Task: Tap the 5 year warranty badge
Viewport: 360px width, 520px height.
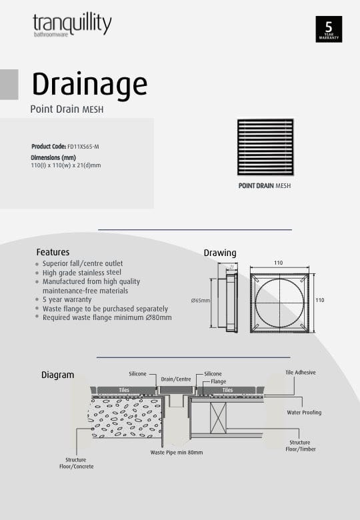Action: coord(329,29)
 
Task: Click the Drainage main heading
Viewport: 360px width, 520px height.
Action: coord(89,85)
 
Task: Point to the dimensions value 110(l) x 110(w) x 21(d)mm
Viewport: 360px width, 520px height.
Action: coord(65,165)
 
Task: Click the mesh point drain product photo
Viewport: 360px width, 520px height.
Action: coord(265,147)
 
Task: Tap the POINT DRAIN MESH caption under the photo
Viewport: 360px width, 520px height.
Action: coord(265,186)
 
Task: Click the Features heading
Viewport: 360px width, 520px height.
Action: coord(53,253)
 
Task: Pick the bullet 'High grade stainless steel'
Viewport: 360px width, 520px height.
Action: coord(81,273)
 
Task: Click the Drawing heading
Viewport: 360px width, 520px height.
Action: coord(219,253)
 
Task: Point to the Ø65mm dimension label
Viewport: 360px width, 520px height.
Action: coord(200,301)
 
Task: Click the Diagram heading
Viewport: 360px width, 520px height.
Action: coord(57,375)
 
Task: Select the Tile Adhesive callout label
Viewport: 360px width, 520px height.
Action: coord(300,373)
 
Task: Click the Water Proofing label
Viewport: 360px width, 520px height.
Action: coord(304,413)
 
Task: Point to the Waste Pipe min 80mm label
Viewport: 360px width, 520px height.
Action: coord(177,452)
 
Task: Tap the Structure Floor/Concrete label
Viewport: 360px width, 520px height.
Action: coord(75,463)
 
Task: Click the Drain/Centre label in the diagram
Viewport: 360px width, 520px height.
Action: coord(176,379)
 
